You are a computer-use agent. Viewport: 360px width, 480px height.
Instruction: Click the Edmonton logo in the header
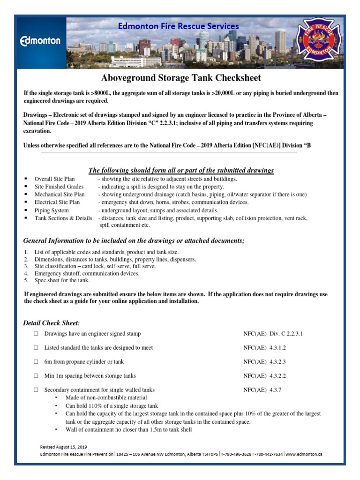pyautogui.click(x=40, y=41)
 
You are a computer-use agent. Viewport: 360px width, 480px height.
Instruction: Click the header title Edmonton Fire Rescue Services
pyautogui.click(x=178, y=26)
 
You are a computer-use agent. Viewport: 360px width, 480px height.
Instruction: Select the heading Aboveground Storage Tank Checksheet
pyautogui.click(x=181, y=78)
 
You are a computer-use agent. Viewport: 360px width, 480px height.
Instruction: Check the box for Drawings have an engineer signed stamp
pyautogui.click(x=36, y=334)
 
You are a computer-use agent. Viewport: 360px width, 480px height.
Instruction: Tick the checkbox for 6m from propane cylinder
pyautogui.click(x=36, y=362)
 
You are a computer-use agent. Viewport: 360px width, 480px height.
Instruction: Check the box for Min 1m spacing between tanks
pyautogui.click(x=36, y=376)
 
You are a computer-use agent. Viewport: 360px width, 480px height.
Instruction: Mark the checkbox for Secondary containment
pyautogui.click(x=36, y=390)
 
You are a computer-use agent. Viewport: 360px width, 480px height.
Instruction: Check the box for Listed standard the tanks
pyautogui.click(x=36, y=348)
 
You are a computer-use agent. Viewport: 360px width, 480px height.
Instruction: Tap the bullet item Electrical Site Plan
pyautogui.click(x=57, y=202)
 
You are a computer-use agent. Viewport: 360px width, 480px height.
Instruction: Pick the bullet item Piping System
pyautogui.click(x=52, y=210)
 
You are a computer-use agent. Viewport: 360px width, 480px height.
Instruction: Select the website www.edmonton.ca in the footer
pyautogui.click(x=304, y=454)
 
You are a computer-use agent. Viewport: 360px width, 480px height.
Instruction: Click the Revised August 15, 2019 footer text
pyautogui.click(x=63, y=447)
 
